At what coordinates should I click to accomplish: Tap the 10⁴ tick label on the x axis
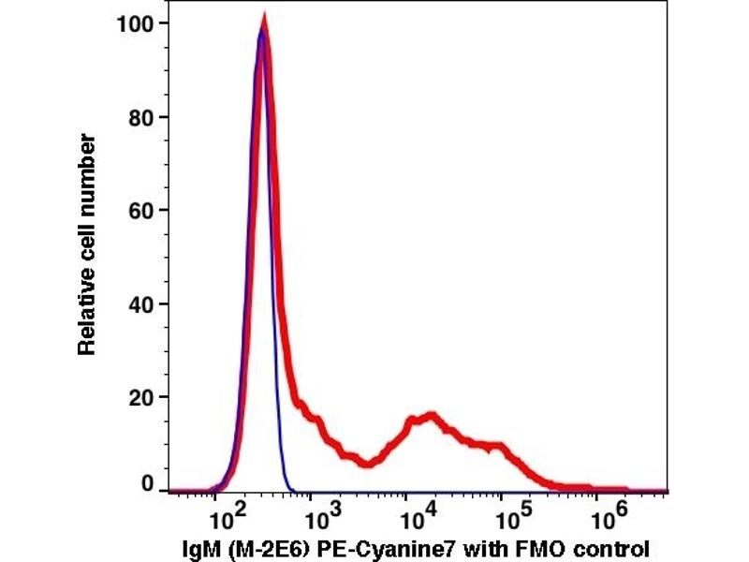click(x=413, y=513)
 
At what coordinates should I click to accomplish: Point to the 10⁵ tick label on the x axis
click(x=508, y=513)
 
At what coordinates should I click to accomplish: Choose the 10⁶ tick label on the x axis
click(x=603, y=513)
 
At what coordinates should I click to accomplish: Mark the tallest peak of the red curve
click(x=264, y=21)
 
